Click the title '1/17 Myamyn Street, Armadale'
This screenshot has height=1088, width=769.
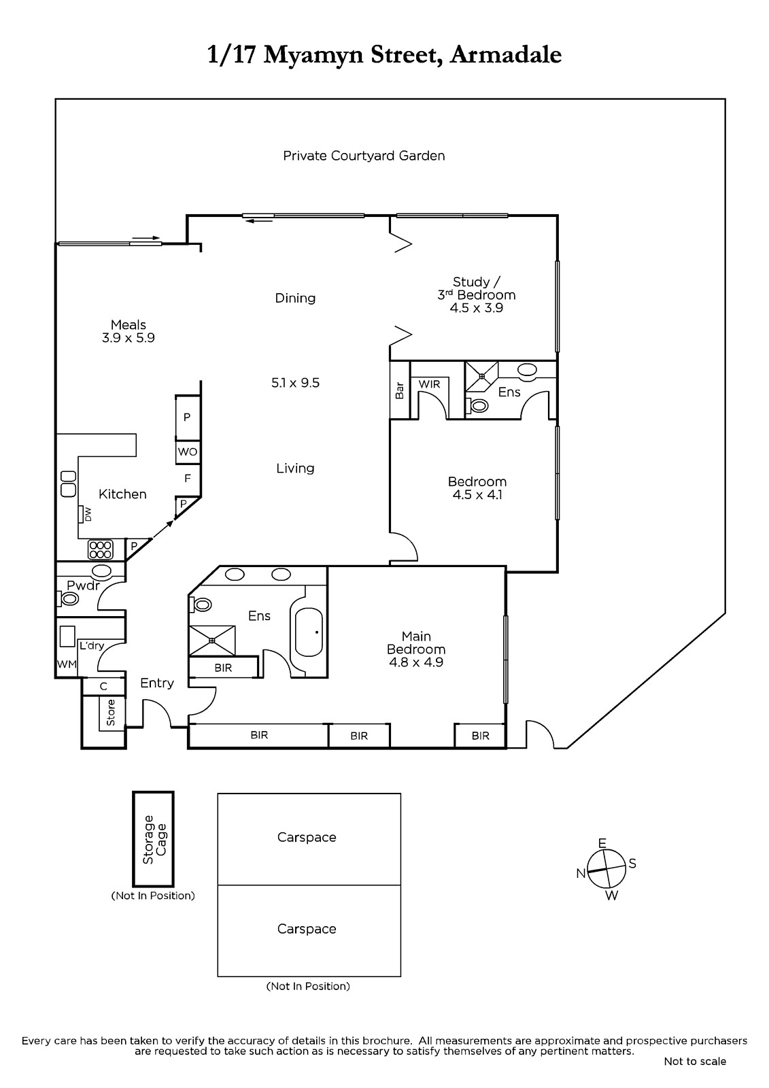pyautogui.click(x=384, y=55)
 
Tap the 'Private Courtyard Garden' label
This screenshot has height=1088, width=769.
pyautogui.click(x=364, y=156)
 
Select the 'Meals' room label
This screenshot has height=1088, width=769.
pyautogui.click(x=129, y=324)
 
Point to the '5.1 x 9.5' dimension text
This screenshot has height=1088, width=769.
pyautogui.click(x=295, y=383)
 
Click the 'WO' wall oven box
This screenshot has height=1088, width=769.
pyautogui.click(x=188, y=452)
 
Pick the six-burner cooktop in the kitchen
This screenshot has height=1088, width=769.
pyautogui.click(x=101, y=550)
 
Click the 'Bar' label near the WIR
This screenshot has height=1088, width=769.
pyautogui.click(x=399, y=390)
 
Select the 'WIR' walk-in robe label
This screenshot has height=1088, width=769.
pyautogui.click(x=430, y=384)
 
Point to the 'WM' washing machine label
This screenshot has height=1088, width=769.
pyautogui.click(x=67, y=664)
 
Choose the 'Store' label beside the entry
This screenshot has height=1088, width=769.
pyautogui.click(x=111, y=713)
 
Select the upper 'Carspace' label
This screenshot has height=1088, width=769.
pyautogui.click(x=307, y=837)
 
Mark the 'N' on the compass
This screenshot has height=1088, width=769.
pyautogui.click(x=581, y=873)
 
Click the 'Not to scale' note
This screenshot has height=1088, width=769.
pyautogui.click(x=695, y=1061)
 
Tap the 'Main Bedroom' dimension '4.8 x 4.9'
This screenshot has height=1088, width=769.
pyautogui.click(x=416, y=662)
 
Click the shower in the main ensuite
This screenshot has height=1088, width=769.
pyautogui.click(x=212, y=641)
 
